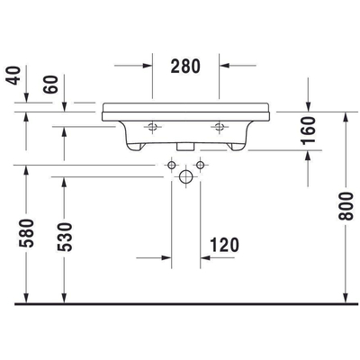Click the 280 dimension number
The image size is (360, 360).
[185, 66]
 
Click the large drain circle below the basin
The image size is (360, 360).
[185, 176]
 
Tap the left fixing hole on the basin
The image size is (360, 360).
[153, 126]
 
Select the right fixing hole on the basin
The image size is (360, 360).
[218, 126]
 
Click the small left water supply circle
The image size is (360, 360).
[169, 166]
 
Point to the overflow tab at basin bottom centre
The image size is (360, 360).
[185, 143]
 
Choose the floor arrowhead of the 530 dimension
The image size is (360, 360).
[64, 300]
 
